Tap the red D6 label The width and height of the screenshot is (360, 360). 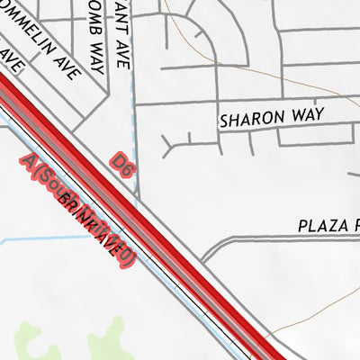[123, 162]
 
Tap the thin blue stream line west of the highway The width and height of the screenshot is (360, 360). [54, 238]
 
